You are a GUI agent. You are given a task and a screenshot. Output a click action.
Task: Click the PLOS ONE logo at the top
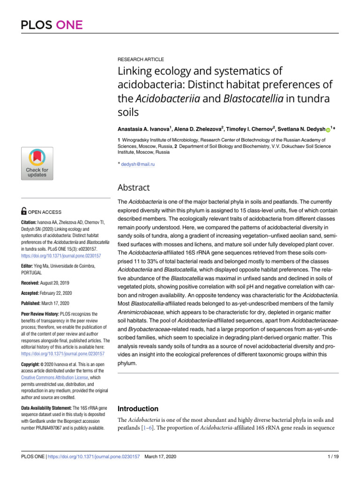click(52, 24)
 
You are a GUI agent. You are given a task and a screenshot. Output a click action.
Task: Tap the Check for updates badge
click(37, 163)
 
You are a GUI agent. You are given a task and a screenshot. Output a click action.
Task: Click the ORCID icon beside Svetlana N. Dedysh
click(328, 128)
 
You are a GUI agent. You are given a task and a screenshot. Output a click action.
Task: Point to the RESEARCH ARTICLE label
click(140, 60)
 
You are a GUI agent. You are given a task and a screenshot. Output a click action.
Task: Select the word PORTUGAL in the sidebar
click(32, 272)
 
